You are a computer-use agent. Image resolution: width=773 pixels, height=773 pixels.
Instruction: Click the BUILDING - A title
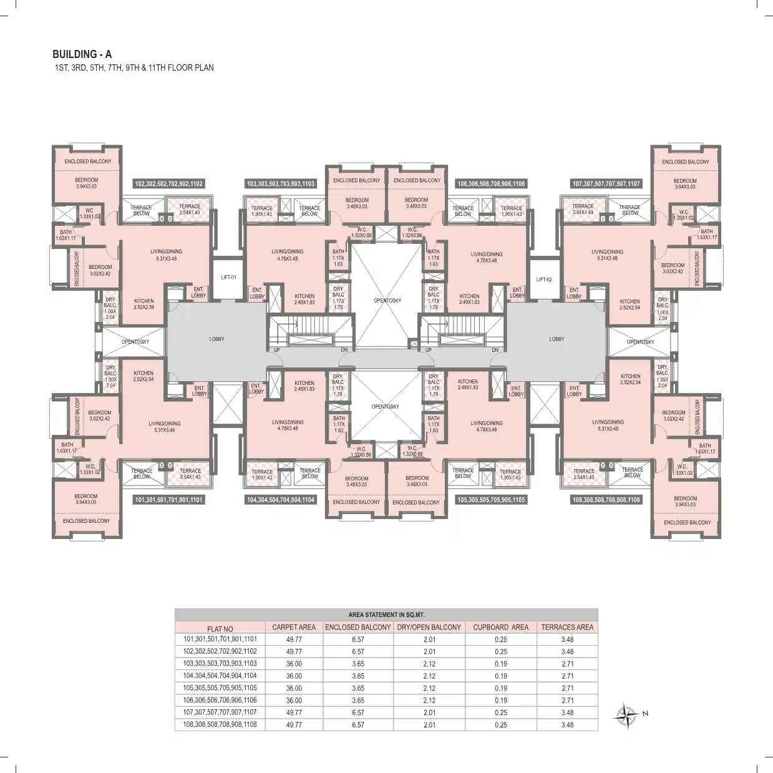pos(82,54)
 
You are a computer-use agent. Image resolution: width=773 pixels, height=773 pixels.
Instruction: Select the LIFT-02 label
pos(544,280)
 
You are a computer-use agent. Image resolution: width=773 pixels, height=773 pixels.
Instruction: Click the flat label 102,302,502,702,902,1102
pos(169,184)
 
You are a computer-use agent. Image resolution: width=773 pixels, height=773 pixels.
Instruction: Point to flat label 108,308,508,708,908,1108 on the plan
pos(606,500)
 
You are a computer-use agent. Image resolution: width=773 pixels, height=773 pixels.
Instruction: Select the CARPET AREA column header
pos(294,627)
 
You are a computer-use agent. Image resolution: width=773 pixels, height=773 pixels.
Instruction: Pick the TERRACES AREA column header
pos(566,627)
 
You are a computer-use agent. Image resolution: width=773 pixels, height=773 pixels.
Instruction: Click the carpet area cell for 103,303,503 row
pos(294,664)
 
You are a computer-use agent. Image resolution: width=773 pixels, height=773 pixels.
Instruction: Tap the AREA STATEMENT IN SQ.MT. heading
pos(386,615)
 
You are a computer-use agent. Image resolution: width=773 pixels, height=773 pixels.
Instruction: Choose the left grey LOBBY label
pos(216,339)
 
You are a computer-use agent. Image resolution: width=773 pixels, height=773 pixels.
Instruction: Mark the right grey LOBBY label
pos(557,339)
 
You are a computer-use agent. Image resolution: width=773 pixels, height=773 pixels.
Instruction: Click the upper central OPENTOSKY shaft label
pos(387,301)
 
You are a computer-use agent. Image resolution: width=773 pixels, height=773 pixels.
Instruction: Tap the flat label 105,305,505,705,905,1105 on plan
pos(491,500)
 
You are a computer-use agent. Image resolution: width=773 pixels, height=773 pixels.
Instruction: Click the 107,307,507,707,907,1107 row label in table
pos(220,712)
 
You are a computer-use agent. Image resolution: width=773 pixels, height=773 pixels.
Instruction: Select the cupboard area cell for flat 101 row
pos(500,639)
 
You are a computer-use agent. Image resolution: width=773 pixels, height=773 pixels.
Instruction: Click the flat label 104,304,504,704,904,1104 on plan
pos(281,500)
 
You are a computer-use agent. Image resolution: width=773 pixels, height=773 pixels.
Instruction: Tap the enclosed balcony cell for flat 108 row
pos(357,725)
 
